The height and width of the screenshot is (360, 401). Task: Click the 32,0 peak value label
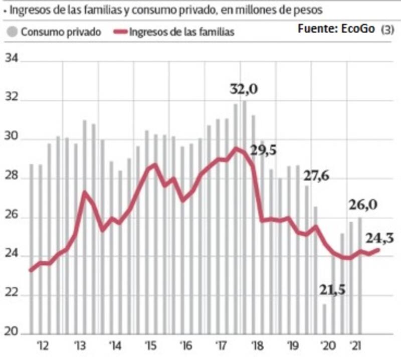(x=244, y=90)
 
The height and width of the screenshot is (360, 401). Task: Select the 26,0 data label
(x=363, y=205)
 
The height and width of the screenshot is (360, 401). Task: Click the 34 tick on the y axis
(x=11, y=60)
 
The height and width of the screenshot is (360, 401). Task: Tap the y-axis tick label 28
(x=11, y=177)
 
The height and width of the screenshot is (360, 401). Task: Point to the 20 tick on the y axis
(x=11, y=332)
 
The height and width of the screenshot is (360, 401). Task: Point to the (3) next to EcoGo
(x=387, y=30)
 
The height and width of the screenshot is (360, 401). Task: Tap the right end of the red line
(x=378, y=250)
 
